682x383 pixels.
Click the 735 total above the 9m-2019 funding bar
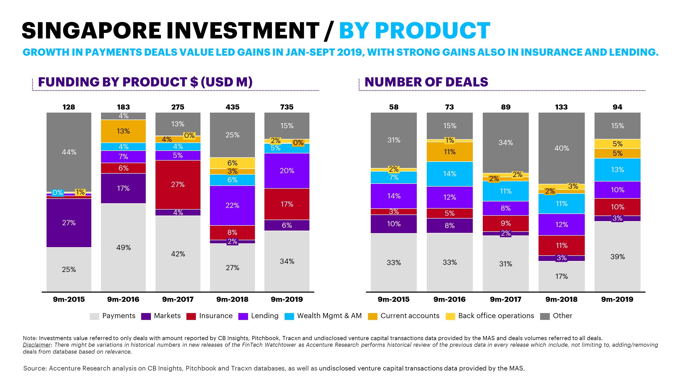click(287, 107)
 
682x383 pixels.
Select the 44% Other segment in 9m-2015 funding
click(69, 152)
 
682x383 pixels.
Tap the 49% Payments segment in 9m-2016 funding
click(123, 247)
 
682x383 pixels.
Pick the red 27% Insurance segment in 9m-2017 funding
click(178, 185)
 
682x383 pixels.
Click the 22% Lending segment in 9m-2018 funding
click(232, 205)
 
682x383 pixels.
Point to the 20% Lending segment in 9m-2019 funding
click(287, 171)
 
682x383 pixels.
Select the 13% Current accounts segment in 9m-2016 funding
click(123, 131)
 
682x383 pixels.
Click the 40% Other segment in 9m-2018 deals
click(561, 148)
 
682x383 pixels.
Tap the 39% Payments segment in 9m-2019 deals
click(617, 256)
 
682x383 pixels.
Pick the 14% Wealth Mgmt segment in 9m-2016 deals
click(450, 174)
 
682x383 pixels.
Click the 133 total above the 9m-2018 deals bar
click(561, 107)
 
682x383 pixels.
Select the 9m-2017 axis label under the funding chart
click(178, 299)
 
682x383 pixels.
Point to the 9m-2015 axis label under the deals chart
click(393, 299)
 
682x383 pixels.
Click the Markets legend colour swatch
click(146, 316)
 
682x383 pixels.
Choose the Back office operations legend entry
click(496, 316)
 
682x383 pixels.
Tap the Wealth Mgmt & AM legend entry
click(329, 316)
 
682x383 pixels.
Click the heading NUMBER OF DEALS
click(426, 82)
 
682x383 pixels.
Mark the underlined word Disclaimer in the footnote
click(37, 345)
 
